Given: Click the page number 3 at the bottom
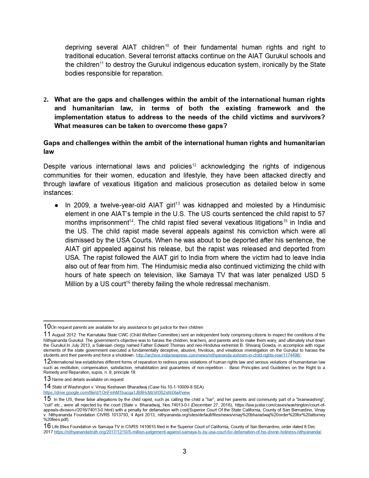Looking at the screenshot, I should pyautogui.click(x=184, y=451).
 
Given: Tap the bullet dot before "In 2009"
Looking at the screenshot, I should pyautogui.click(x=57, y=205).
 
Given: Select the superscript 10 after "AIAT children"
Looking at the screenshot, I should pyautogui.click(x=167, y=45).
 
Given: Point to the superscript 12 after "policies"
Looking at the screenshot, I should pyautogui.click(x=194, y=165).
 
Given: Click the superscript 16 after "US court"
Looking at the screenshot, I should pyautogui.click(x=128, y=282).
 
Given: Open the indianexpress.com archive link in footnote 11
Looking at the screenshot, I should pyautogui.click(x=218, y=355).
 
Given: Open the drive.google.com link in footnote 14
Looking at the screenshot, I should pyautogui.click(x=117, y=393).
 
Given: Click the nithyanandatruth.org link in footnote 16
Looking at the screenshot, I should pyautogui.click(x=188, y=432).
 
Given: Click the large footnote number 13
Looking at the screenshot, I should pyautogui.click(x=47, y=379).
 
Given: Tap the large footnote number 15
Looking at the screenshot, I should pyautogui.click(x=47, y=399).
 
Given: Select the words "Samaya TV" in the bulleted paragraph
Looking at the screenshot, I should pyautogui.click(x=203, y=275).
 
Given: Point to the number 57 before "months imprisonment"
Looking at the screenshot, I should pyautogui.click(x=320, y=214).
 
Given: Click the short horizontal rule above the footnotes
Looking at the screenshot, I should pyautogui.click(x=79, y=321).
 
